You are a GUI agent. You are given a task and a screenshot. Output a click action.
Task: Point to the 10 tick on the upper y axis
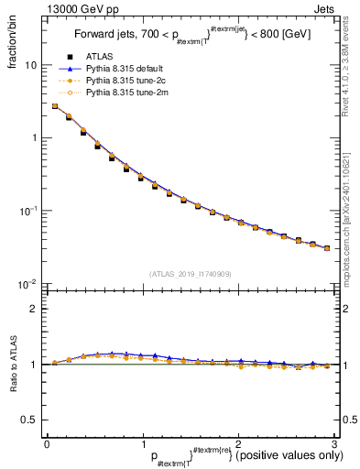click(x=31, y=66)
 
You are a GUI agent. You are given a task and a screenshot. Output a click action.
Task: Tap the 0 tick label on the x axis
click(x=47, y=443)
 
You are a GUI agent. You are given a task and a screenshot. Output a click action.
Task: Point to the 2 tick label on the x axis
click(x=238, y=443)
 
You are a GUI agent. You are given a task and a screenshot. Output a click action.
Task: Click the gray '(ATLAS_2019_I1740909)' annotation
click(x=190, y=274)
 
